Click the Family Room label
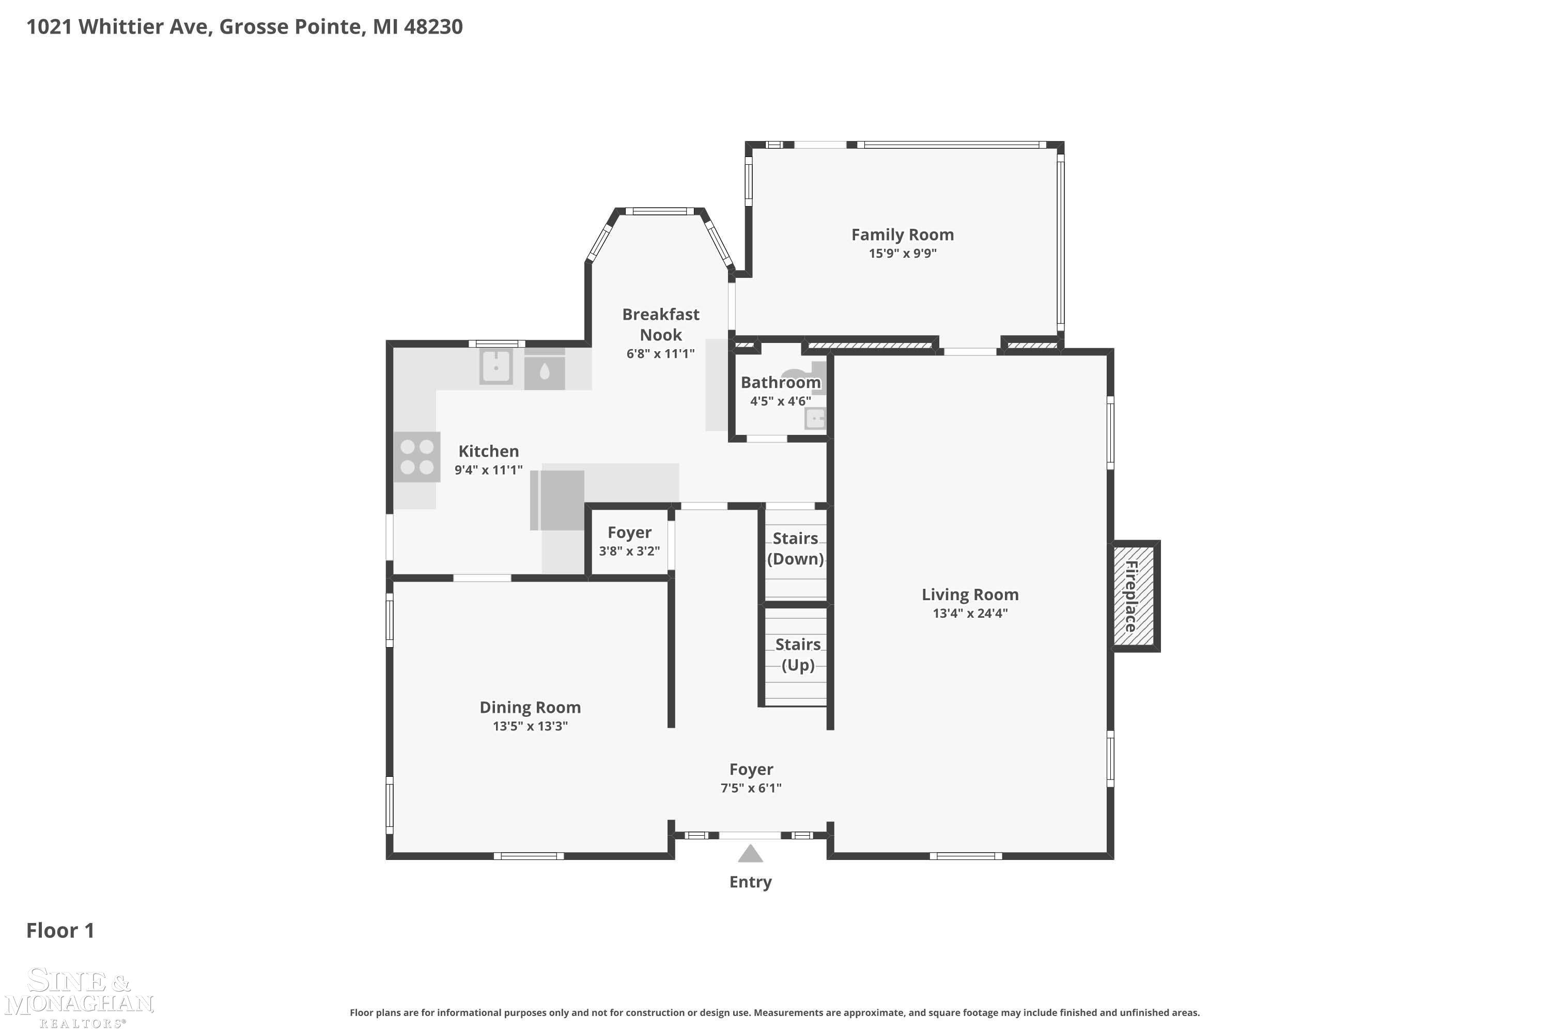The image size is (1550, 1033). point(902,234)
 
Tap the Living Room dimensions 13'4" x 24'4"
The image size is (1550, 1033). point(970,614)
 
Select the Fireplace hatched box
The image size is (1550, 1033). point(1134,596)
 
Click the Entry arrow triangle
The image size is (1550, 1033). point(750,854)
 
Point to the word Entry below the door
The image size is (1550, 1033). point(750,882)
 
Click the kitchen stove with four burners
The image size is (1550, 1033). point(417,457)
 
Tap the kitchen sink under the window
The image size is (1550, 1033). point(496,367)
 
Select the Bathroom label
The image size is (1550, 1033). point(780,383)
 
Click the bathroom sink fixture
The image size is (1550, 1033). point(815,418)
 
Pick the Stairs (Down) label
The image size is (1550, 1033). point(796,549)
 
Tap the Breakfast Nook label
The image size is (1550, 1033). point(661,324)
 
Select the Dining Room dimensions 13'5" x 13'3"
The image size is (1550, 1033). point(530,726)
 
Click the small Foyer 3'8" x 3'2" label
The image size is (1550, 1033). point(629,541)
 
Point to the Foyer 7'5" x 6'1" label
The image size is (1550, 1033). point(751,778)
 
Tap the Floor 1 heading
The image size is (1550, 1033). point(60,930)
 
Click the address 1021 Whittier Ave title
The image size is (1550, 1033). point(244,26)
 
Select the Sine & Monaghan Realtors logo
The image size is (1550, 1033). point(79,997)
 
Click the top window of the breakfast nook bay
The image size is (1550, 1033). point(659,211)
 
